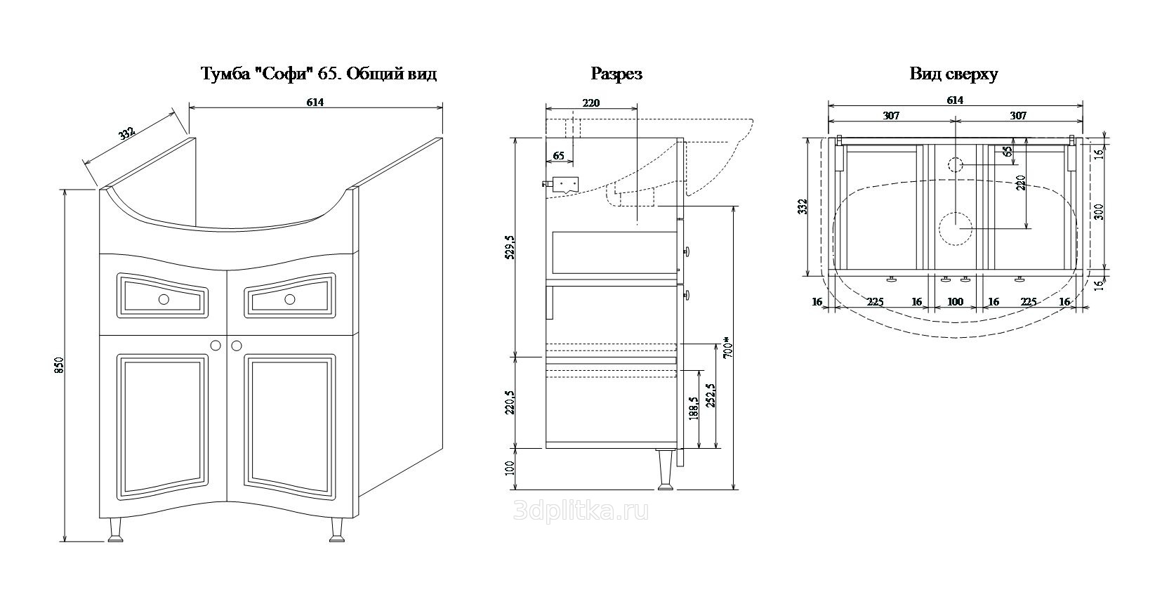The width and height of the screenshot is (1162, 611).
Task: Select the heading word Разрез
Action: pos(616,74)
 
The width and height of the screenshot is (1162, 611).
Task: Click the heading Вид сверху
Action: pos(953,74)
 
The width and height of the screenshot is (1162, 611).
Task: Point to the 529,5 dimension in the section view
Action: pos(510,247)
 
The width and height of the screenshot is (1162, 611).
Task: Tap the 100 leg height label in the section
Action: pos(510,467)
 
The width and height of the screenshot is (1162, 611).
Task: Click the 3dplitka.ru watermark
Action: pos(581,511)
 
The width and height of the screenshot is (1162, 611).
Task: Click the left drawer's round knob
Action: pos(164,299)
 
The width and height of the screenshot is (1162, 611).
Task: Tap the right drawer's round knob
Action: pos(289,299)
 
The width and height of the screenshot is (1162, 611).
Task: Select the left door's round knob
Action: pos(216,346)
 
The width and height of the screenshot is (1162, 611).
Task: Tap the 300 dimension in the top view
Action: pos(1100,211)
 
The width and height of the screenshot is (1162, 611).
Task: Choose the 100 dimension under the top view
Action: pos(955,302)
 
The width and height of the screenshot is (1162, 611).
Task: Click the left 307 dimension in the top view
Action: pos(891,116)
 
